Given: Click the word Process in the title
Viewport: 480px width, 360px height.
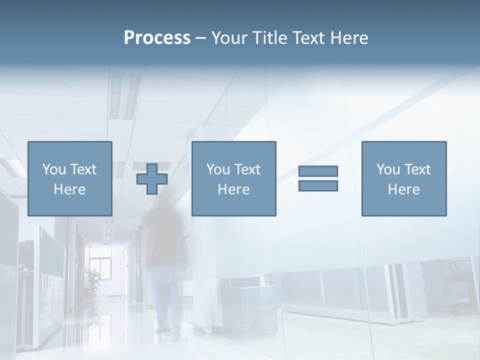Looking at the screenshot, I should [x=157, y=38].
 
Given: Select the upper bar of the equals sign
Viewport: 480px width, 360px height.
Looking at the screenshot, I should [x=318, y=171].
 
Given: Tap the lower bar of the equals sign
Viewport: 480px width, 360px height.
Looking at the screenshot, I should [x=318, y=185].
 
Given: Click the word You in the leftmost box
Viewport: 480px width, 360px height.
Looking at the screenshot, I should [x=54, y=169].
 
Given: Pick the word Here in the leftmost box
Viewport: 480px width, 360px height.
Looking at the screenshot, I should [x=69, y=189].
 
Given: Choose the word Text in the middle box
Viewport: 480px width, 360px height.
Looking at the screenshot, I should [x=247, y=169].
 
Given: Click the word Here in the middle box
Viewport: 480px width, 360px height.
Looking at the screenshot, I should [x=233, y=189].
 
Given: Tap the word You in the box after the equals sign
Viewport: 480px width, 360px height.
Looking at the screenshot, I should [x=388, y=169].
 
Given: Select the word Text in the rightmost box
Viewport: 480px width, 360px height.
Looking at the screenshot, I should [x=417, y=169].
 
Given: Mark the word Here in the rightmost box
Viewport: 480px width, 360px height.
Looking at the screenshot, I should [x=403, y=189].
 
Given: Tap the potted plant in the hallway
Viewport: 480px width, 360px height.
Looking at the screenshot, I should [x=93, y=277].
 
